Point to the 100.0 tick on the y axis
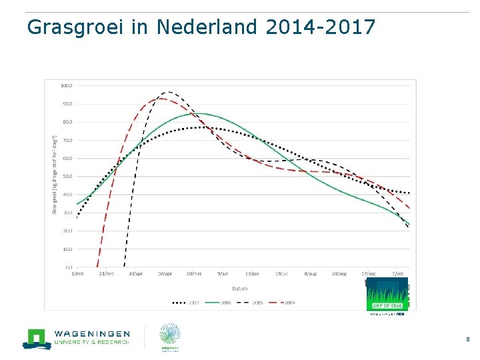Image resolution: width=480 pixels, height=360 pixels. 67,86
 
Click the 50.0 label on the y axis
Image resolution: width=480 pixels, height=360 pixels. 67,177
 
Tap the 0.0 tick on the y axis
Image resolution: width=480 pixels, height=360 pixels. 69,267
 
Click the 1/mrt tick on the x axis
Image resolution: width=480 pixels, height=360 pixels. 77,273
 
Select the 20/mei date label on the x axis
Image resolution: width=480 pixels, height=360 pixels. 194,273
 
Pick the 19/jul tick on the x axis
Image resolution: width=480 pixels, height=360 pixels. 281,273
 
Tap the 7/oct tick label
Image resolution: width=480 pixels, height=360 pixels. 398,273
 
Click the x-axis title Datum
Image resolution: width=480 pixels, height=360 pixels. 241,288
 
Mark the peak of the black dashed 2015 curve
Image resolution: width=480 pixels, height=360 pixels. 168,92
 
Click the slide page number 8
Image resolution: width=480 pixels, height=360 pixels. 467,339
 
